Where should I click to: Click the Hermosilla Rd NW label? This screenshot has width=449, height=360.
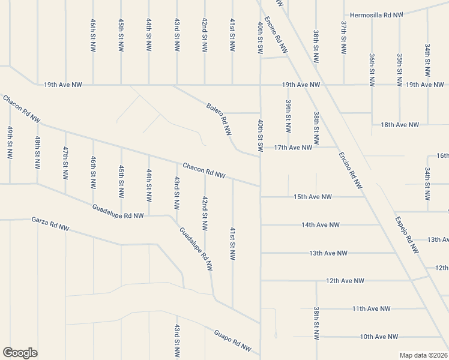click(375, 14)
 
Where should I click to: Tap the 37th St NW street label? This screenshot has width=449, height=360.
click(344, 39)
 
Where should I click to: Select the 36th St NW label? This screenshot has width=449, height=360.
click(372, 71)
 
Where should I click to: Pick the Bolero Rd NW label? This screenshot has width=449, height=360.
click(219, 120)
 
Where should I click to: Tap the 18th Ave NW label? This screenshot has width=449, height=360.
click(400, 125)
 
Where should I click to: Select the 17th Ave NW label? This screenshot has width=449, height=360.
click(294, 147)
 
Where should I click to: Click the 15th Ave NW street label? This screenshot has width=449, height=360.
click(313, 197)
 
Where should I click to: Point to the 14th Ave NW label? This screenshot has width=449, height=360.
click(321, 225)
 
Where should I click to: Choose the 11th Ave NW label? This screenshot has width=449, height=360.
click(371, 308)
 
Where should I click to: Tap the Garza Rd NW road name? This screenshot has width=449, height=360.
click(50, 224)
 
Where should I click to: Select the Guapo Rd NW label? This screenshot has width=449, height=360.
click(233, 340)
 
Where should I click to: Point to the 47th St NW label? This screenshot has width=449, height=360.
click(65, 163)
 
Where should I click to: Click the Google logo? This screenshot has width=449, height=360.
click(20, 353)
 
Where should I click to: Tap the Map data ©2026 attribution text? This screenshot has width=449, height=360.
click(423, 355)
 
